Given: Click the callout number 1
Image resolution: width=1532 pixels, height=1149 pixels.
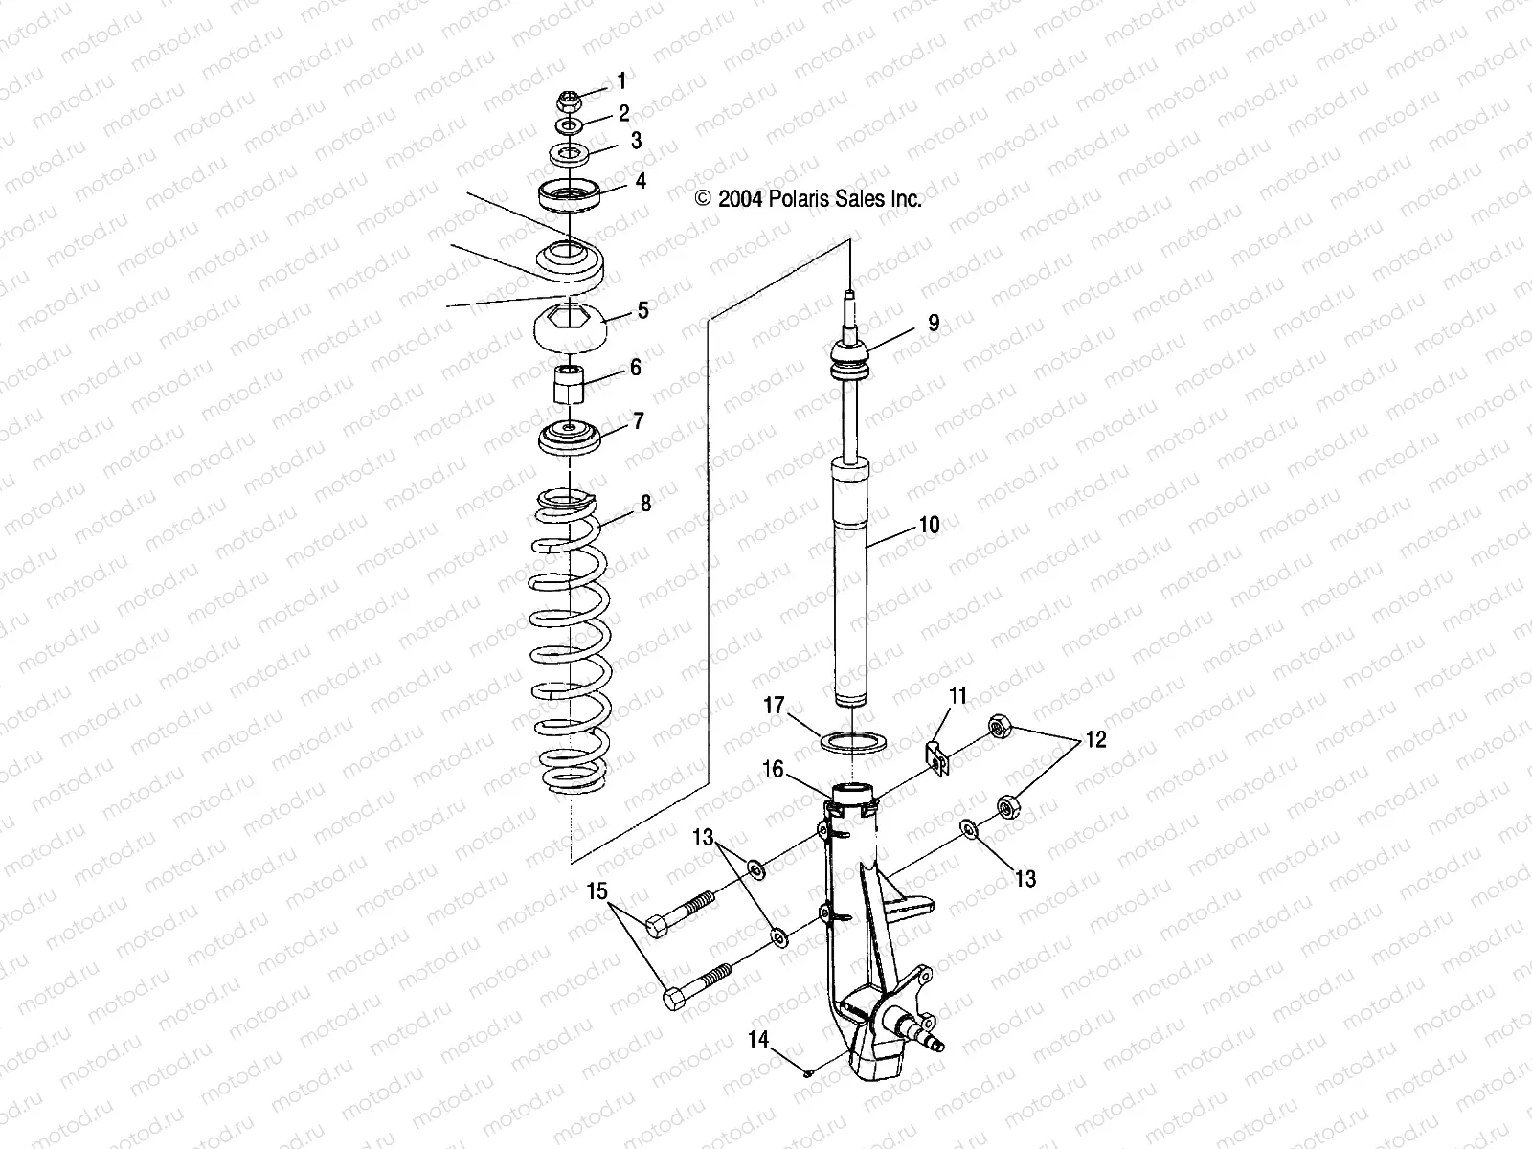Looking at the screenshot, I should [621, 80].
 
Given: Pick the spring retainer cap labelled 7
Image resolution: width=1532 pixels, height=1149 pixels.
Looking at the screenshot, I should [572, 441].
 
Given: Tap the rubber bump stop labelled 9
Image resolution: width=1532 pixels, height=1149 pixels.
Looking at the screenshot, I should [850, 361].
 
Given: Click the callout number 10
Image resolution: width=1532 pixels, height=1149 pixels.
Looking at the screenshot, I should [929, 525].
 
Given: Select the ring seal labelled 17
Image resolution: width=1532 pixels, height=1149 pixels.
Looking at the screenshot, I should [853, 742].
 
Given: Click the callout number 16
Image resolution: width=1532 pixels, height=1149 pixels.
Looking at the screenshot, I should [773, 768].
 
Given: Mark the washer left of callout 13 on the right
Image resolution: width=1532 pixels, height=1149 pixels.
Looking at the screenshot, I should [969, 828].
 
